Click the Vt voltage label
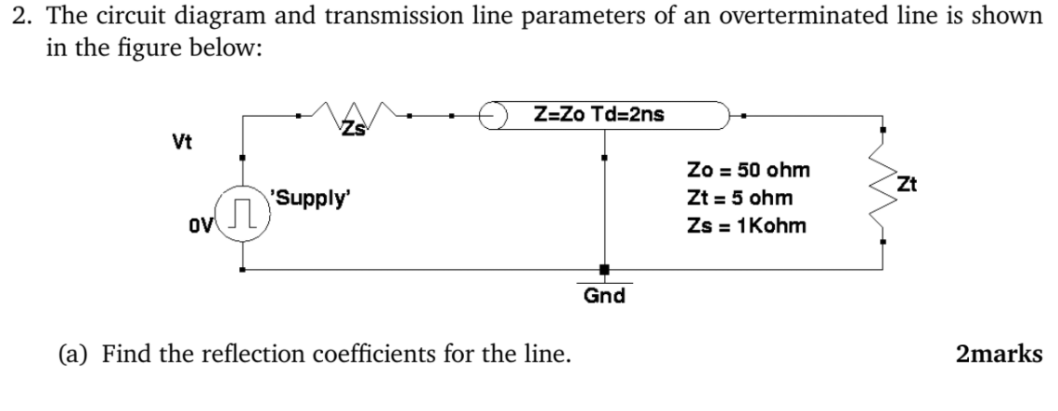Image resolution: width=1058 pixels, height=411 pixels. click(182, 142)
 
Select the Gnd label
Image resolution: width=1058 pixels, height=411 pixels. click(604, 296)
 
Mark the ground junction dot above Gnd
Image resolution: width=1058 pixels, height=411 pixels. click(604, 270)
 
